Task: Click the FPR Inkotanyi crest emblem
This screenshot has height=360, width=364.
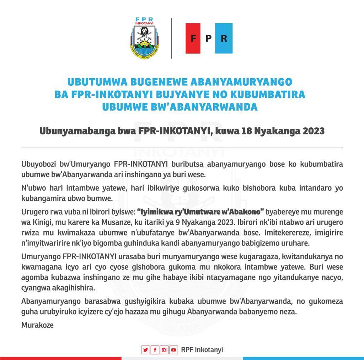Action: pyautogui.click(x=144, y=38)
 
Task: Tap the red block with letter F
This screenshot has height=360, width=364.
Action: pyautogui.click(x=193, y=38)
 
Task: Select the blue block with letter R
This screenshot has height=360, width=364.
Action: pyautogui.click(x=224, y=38)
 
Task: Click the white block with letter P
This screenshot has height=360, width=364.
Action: pyautogui.click(x=208, y=38)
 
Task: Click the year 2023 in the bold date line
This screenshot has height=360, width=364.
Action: pyautogui.click(x=313, y=131)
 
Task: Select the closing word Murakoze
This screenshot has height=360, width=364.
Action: pyautogui.click(x=37, y=325)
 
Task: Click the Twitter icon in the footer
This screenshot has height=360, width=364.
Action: pyautogui.click(x=145, y=350)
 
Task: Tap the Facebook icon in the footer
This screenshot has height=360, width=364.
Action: pyautogui.click(x=155, y=350)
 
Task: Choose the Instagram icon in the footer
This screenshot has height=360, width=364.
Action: pyautogui.click(x=164, y=350)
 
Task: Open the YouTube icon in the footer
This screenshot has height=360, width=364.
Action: pyautogui.click(x=173, y=350)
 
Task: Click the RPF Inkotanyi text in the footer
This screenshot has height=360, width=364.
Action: pyautogui.click(x=202, y=350)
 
